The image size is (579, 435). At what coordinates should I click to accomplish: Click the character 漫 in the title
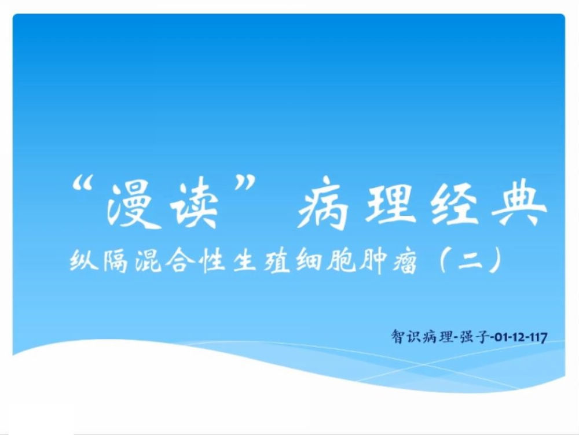pyautogui.click(x=135, y=205)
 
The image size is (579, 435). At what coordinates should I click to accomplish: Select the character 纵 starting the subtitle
pyautogui.click(x=84, y=260)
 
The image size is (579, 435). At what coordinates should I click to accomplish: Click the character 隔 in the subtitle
pyautogui.click(x=116, y=261)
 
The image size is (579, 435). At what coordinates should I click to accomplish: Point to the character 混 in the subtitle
pyautogui.click(x=148, y=261)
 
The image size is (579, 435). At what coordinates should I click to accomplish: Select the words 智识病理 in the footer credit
pyautogui.click(x=422, y=337)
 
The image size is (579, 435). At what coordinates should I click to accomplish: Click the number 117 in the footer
pyautogui.click(x=538, y=337)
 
